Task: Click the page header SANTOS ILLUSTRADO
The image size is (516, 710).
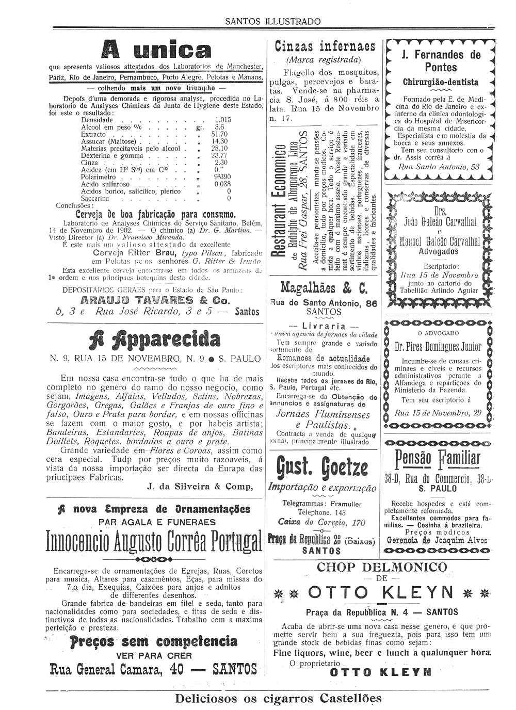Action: coord(273,21)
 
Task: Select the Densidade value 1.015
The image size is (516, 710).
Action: coord(223,120)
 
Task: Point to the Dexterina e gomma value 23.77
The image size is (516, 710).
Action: coord(219,155)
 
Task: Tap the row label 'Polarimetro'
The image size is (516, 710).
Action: coord(99,176)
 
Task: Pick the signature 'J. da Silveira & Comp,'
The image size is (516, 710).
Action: coord(200,486)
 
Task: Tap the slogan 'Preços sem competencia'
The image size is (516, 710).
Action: coord(154,641)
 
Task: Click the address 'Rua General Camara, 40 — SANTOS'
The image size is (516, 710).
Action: coord(153,670)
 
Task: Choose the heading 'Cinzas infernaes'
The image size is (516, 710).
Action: coord(325,47)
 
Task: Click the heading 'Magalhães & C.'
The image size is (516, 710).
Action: coord(324,288)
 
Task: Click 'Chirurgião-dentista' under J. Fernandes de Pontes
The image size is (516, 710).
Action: coord(440,82)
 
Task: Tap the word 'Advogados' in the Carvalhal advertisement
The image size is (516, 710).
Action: coord(439,252)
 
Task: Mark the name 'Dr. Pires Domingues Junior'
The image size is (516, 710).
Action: coord(438,346)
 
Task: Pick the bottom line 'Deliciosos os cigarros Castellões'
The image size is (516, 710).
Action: coord(279,699)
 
